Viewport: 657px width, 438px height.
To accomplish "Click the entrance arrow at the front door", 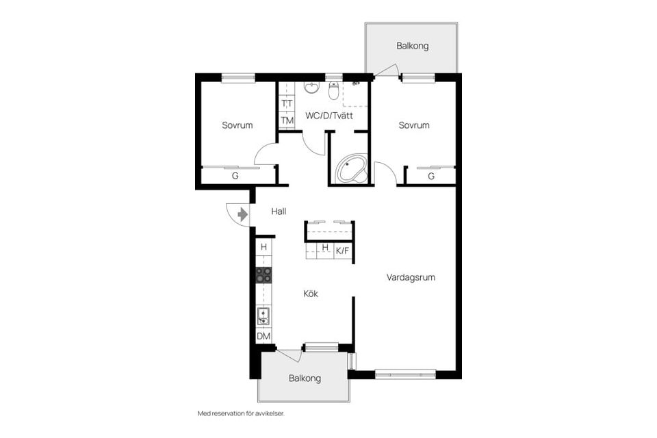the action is click(x=242, y=215).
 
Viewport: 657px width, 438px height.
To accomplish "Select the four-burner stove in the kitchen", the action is click(x=263, y=274).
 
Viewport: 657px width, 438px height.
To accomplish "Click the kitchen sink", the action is click(x=263, y=316).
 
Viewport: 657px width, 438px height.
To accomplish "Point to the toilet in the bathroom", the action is click(x=333, y=90).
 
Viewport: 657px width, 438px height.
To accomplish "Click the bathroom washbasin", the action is click(x=311, y=87).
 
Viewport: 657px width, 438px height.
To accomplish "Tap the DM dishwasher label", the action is click(x=263, y=336).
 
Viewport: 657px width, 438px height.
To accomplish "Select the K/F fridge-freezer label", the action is click(x=342, y=251).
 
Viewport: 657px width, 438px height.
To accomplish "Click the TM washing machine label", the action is click(x=287, y=120).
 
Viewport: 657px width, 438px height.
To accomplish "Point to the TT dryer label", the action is click(x=287, y=103).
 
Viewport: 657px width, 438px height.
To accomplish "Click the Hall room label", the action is click(x=279, y=211).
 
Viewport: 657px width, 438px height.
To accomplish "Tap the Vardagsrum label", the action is click(x=411, y=277).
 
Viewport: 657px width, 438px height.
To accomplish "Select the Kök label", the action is click(x=311, y=294).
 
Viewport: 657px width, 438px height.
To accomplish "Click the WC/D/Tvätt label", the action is click(x=329, y=116).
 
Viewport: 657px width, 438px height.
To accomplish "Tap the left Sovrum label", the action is click(x=237, y=125).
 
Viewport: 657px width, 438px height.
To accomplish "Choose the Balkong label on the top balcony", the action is click(x=412, y=46).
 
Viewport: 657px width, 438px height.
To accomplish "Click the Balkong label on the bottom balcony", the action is click(x=305, y=378).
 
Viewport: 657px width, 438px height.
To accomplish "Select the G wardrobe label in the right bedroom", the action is click(x=431, y=177).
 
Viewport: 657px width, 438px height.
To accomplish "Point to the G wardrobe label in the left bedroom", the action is click(x=235, y=176).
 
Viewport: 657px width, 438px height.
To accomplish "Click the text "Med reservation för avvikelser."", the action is click(x=242, y=413).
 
